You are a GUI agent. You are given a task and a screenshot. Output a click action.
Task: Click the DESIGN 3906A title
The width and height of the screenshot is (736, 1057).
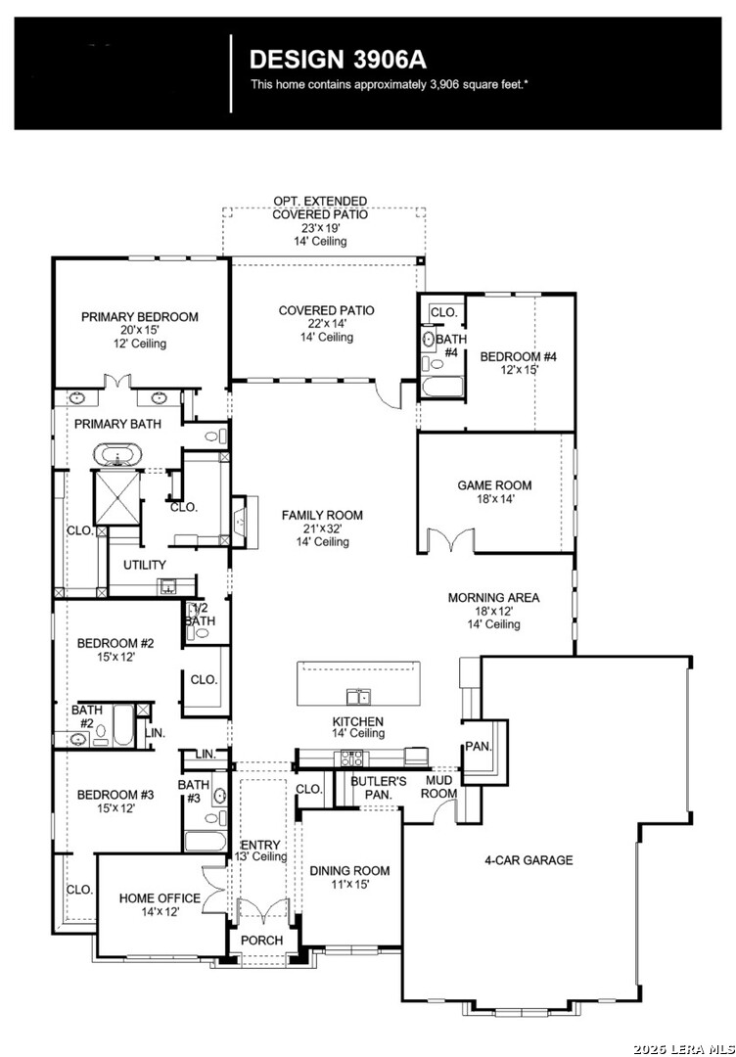click(338, 60)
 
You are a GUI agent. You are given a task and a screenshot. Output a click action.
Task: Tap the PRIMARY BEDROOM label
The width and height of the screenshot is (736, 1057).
click(140, 317)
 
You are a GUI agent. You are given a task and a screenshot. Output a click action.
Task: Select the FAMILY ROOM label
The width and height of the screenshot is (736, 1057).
click(322, 515)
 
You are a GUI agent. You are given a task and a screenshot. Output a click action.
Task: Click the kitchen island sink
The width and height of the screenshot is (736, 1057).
click(357, 696)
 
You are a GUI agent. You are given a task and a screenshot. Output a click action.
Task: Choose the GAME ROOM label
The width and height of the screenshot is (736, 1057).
click(494, 485)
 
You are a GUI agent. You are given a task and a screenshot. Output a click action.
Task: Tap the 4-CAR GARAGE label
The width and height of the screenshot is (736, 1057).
click(529, 859)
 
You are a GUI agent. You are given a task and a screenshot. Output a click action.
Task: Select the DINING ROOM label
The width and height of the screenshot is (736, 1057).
click(349, 871)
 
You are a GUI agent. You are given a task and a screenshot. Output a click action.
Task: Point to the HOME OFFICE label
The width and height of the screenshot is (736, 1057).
click(160, 897)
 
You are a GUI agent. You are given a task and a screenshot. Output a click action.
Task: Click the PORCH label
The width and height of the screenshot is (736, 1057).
click(261, 941)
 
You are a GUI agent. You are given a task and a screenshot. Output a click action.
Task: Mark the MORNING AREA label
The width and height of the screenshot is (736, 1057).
click(493, 597)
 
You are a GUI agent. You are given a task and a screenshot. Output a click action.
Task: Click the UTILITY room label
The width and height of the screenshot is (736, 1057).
click(144, 565)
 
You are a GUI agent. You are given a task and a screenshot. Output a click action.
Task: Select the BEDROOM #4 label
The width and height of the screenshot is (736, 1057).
click(519, 356)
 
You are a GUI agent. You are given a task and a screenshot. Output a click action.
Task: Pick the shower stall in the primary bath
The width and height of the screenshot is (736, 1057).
click(117, 497)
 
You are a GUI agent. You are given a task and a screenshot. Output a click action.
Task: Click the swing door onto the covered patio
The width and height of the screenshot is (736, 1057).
click(389, 394)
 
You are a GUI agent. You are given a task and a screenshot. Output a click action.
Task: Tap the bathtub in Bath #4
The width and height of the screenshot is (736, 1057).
click(441, 389)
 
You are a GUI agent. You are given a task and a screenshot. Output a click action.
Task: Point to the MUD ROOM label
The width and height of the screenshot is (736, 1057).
click(438, 787)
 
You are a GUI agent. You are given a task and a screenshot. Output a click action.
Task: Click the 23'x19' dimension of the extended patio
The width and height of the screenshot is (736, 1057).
click(320, 228)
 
